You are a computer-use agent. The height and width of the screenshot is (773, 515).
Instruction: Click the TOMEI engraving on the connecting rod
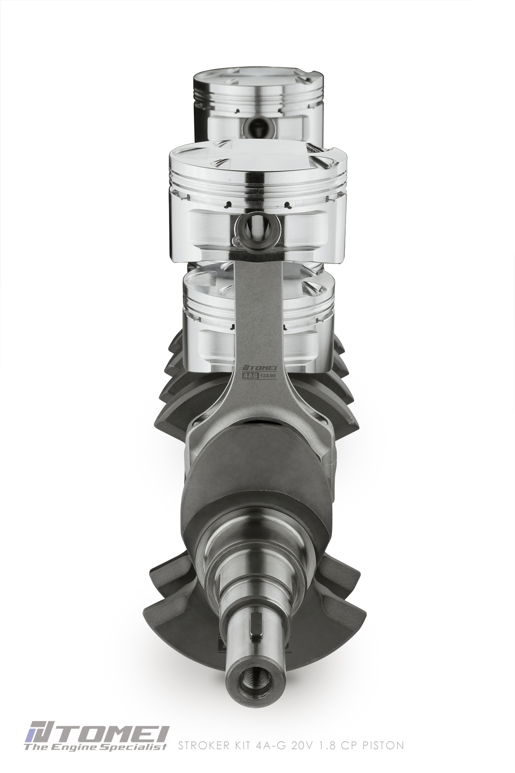(x=256, y=368)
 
